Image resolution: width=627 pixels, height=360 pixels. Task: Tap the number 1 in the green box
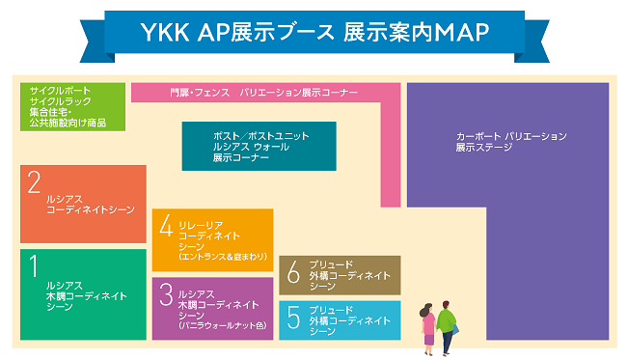[x=34, y=266]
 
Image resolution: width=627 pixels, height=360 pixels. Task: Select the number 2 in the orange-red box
[x=34, y=182]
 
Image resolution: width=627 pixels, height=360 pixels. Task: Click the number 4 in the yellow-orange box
[x=166, y=227]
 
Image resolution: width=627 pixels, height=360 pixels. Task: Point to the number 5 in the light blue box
[x=293, y=315]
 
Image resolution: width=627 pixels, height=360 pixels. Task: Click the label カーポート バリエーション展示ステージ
[x=510, y=143]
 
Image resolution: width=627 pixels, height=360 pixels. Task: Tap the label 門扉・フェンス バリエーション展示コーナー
[x=263, y=93]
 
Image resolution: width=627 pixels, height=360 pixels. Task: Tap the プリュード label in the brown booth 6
[x=332, y=264]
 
